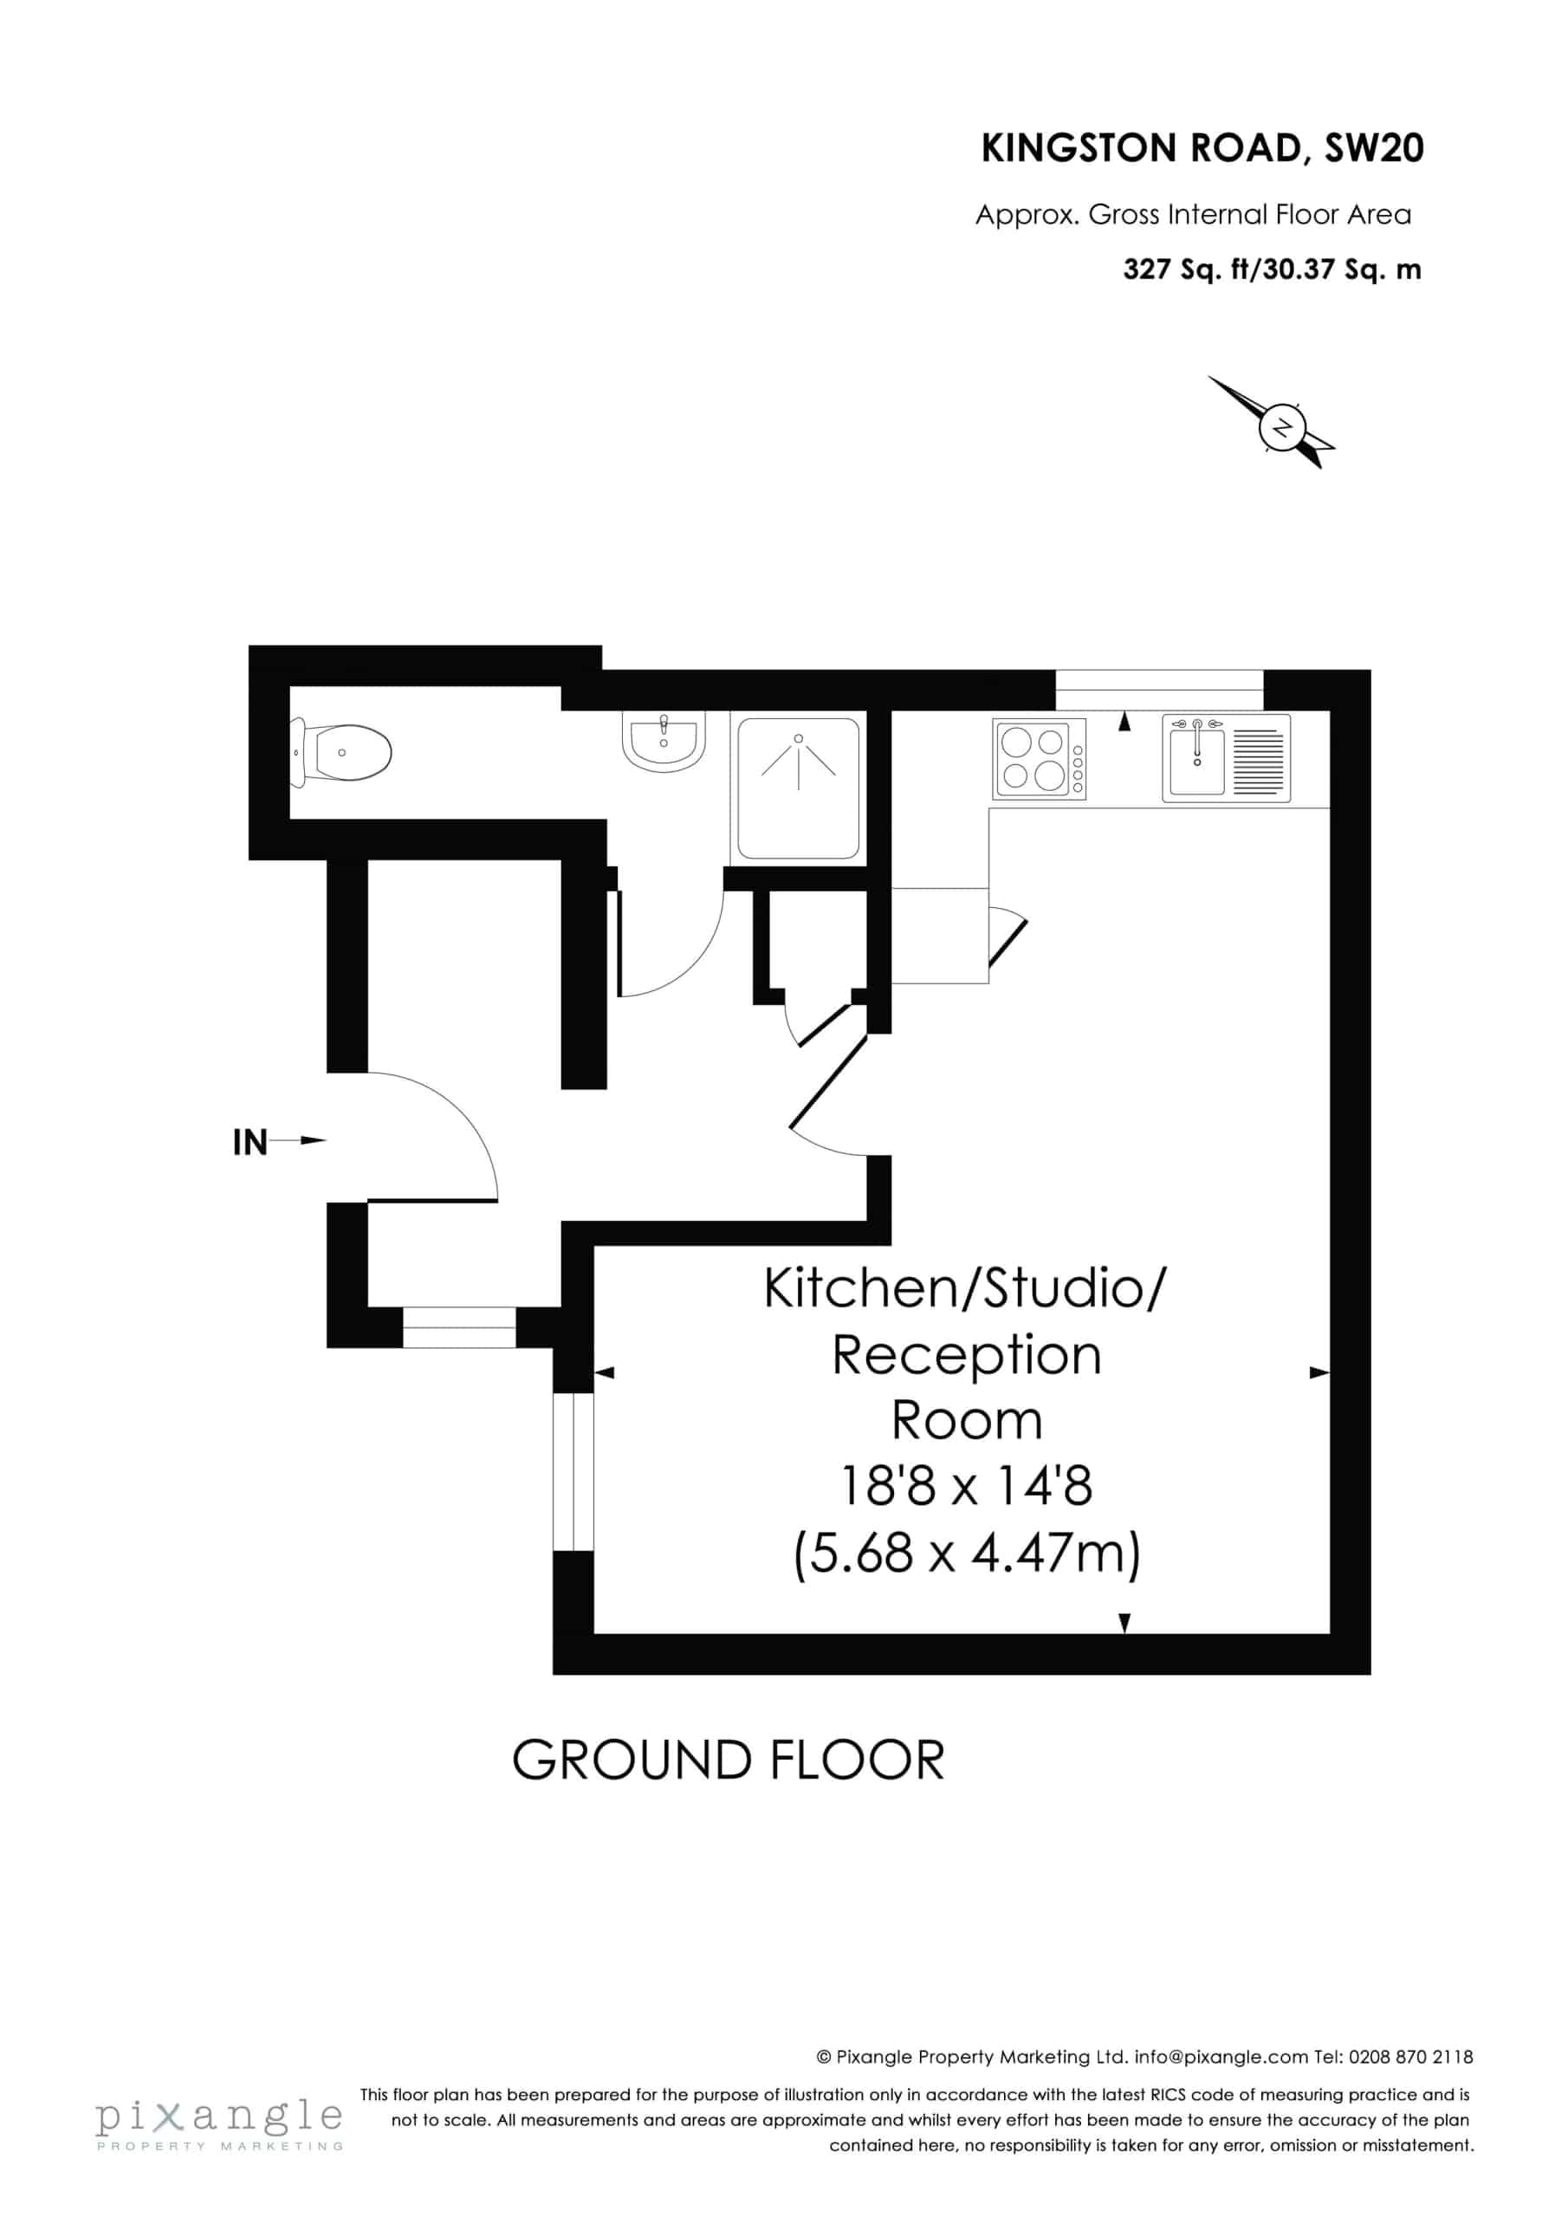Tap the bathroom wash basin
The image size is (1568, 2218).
tap(664, 741)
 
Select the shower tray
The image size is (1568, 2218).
tap(798, 788)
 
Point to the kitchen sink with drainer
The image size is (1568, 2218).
tap(1226, 758)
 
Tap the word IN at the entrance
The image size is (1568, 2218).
tap(250, 1143)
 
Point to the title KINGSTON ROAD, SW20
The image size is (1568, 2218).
tap(1202, 148)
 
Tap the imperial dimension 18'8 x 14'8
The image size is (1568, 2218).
tap(966, 1486)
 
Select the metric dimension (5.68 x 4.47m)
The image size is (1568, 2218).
tap(966, 1553)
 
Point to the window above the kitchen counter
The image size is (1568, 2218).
tap(1158, 690)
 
